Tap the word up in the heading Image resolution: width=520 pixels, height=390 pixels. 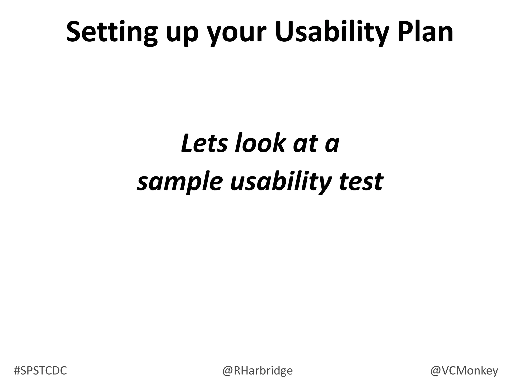click(182, 34)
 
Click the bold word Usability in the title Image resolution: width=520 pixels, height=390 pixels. click(332, 32)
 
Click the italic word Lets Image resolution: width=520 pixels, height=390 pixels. click(204, 143)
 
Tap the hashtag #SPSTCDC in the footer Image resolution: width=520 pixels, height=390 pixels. click(40, 371)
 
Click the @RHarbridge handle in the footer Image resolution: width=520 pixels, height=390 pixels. click(257, 371)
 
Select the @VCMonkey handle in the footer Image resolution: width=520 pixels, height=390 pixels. click(464, 371)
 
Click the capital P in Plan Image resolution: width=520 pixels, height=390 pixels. click(406, 32)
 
